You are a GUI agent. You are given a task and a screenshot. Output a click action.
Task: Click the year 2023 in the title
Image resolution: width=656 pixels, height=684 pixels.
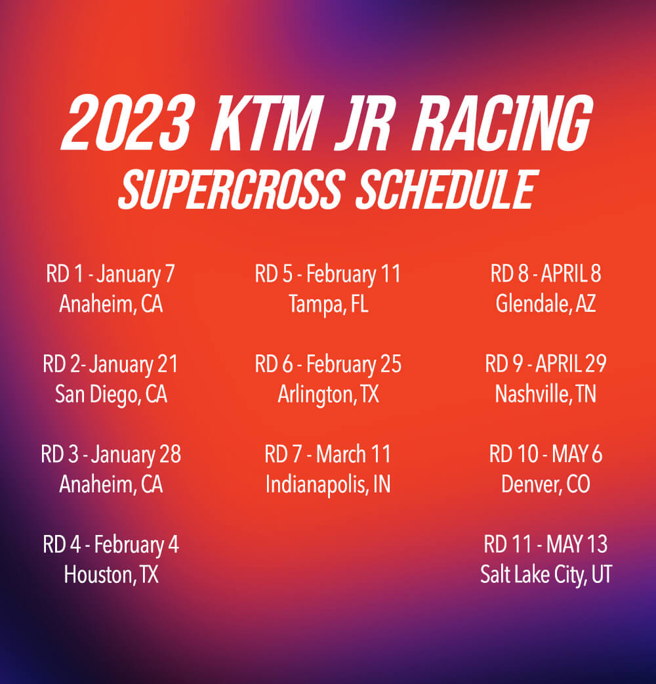[128, 123]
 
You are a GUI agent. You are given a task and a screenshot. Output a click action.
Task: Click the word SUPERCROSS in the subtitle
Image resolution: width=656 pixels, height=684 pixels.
[232, 189]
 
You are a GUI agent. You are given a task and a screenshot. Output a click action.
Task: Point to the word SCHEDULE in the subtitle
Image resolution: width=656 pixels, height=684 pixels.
[447, 189]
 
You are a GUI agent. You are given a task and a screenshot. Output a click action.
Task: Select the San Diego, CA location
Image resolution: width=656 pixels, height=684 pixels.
[111, 395]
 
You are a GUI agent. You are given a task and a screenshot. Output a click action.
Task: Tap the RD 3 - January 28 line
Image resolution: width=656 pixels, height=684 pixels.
[111, 454]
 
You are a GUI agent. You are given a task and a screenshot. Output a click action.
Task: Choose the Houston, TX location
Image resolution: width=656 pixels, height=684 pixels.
[111, 574]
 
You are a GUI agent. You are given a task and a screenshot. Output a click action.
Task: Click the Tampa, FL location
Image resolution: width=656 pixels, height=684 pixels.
[329, 304]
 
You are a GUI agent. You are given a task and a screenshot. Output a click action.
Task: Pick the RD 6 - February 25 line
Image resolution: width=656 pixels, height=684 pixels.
[328, 365]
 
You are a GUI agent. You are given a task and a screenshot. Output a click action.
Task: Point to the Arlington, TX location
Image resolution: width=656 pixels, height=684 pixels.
[329, 395]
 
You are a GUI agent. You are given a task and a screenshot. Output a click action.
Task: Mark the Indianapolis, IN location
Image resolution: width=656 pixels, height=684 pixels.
[328, 484]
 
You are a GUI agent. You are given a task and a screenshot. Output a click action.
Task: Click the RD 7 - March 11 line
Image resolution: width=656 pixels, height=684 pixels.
[328, 454]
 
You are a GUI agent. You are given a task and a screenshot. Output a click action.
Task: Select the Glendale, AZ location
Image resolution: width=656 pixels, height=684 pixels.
[546, 304]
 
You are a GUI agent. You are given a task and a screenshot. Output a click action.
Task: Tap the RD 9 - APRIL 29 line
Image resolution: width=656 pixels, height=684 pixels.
[546, 364]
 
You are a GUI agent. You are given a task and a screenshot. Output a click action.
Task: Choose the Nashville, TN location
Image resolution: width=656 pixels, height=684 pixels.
[546, 394]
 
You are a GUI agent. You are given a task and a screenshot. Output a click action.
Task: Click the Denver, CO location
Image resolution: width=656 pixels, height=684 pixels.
[546, 484]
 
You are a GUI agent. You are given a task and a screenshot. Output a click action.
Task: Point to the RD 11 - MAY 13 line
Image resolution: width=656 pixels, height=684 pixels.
[546, 544]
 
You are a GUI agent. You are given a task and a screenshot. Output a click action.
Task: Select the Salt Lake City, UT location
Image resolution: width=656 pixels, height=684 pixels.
[546, 575]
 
